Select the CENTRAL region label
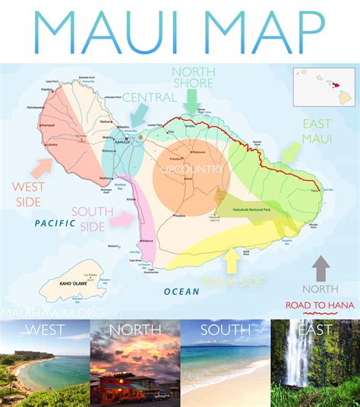[x=150, y=97]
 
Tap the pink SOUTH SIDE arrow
[x=122, y=220]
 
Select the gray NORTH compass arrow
[x=321, y=268]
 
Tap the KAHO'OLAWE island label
[x=77, y=282]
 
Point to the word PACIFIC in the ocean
[x=55, y=223]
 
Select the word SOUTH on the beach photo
[x=225, y=330]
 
